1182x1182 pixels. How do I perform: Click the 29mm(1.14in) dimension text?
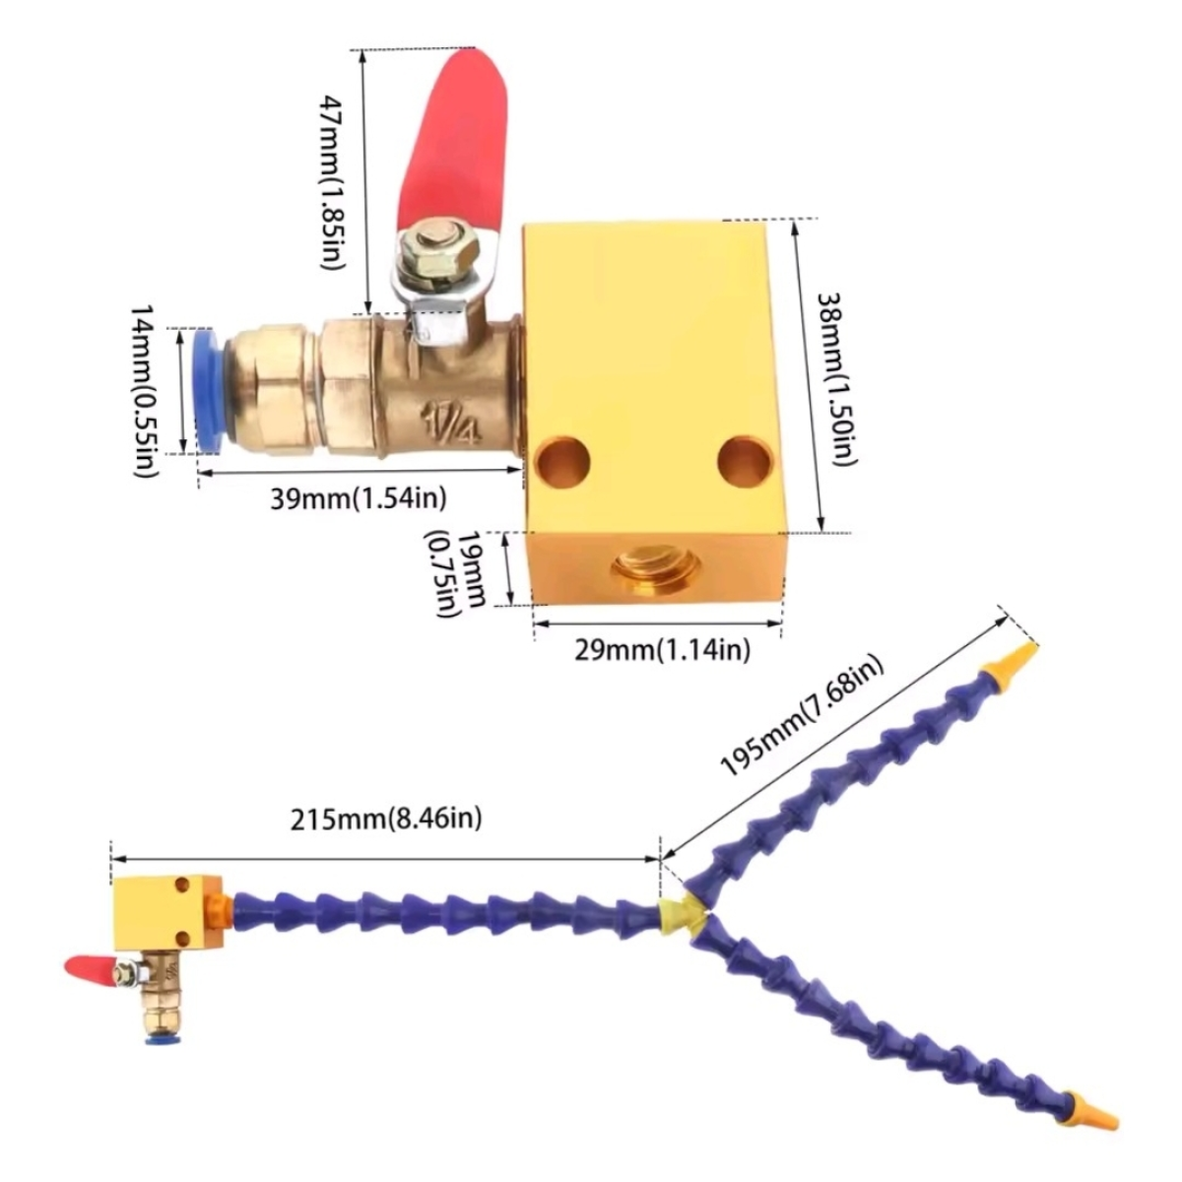click(664, 649)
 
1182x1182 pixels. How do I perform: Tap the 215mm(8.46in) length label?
click(388, 818)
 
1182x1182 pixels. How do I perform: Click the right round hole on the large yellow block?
click(743, 458)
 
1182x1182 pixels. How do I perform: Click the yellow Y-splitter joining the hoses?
click(680, 914)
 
